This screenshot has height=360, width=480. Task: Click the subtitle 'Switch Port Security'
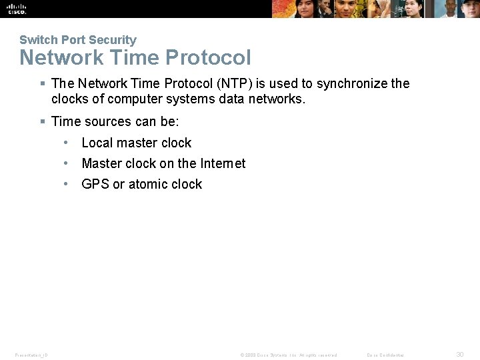pyautogui.click(x=77, y=40)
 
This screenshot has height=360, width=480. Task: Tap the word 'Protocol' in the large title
pyautogui.click(x=208, y=58)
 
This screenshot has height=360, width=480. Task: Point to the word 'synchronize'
pyautogui.click(x=351, y=84)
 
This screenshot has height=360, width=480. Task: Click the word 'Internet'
pyautogui.click(x=223, y=163)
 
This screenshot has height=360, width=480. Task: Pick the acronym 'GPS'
pyautogui.click(x=95, y=184)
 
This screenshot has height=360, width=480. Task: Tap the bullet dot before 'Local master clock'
pyautogui.click(x=67, y=143)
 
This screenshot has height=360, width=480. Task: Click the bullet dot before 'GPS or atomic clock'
pyautogui.click(x=67, y=184)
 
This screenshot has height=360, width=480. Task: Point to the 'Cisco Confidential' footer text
pyautogui.click(x=385, y=355)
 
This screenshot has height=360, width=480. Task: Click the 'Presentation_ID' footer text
pyautogui.click(x=31, y=355)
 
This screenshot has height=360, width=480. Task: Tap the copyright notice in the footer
pyautogui.click(x=289, y=355)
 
